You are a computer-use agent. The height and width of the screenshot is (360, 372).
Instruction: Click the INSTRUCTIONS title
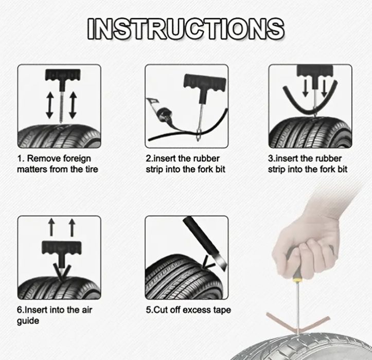tap(186, 29)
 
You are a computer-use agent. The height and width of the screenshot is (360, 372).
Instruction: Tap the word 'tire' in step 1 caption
tap(91, 169)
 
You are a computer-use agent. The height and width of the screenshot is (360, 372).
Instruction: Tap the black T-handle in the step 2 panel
tap(205, 82)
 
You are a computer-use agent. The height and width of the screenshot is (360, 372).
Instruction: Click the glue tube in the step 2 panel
tap(160, 112)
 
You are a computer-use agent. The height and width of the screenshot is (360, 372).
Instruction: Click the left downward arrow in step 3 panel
tap(306, 88)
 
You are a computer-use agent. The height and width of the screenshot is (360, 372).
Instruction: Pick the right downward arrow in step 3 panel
tap(324, 88)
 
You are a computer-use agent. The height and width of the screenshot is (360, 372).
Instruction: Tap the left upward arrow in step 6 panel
tap(51, 227)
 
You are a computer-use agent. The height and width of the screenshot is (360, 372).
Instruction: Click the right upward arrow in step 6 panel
tap(72, 227)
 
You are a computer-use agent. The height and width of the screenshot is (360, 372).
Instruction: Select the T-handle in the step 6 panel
tap(61, 248)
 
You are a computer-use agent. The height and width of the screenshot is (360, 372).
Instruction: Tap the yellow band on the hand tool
tap(297, 280)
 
